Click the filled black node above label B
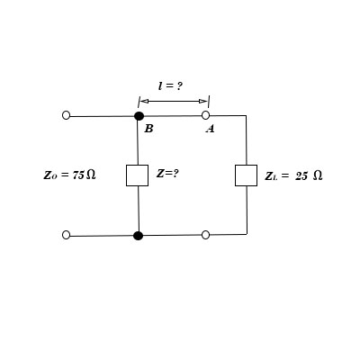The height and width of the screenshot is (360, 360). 139,116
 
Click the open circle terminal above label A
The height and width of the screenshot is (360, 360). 205,116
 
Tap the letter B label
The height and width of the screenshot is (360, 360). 148,129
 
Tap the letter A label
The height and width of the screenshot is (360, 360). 210,129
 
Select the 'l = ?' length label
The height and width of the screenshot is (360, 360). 171,85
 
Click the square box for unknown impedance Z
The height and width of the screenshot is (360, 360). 138,175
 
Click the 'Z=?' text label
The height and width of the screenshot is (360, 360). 167,173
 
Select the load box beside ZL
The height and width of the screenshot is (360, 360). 246,175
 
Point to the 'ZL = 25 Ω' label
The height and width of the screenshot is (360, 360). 293,175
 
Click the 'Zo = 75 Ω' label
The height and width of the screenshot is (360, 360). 69,175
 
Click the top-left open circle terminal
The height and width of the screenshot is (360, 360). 66,116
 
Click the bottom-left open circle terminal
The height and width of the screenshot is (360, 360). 66,235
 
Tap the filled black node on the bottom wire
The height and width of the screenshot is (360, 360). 138,236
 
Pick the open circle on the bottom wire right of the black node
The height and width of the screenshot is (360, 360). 205,235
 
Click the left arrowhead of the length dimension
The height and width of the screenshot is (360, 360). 141,101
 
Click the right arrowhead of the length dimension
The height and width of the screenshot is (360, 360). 206,101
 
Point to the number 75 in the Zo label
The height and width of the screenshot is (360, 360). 77,175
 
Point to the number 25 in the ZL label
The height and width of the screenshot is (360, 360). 301,175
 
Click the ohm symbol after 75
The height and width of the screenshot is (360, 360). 91,175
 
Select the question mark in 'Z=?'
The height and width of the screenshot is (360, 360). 175,173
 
